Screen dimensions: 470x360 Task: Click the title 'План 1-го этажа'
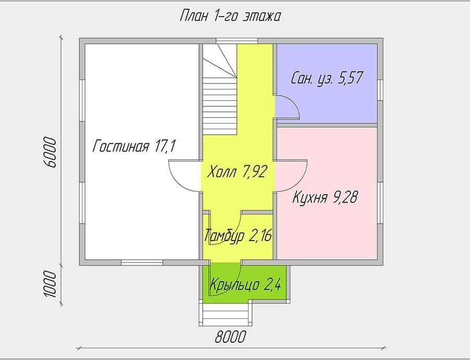tap(230, 16)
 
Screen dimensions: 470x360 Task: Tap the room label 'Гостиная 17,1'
tap(134, 147)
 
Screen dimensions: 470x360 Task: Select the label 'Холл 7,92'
tap(237, 172)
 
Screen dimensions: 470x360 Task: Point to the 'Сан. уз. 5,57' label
tap(327, 78)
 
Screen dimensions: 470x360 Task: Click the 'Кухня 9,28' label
tap(325, 197)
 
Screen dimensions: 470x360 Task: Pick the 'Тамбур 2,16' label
tap(238, 235)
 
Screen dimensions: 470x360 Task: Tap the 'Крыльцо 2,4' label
tap(245, 284)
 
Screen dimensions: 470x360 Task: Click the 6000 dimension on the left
tap(50, 152)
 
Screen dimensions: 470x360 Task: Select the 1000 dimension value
tap(50, 284)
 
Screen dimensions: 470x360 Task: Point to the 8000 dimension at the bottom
tap(230, 337)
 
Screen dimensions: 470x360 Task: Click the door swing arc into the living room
tap(179, 179)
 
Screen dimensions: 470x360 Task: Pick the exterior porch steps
tap(226, 314)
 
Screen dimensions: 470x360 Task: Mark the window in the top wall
tap(237, 41)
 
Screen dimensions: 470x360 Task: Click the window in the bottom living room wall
tap(142, 262)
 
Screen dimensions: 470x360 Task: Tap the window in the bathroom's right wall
tap(380, 90)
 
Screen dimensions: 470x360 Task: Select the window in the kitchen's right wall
tap(380, 203)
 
